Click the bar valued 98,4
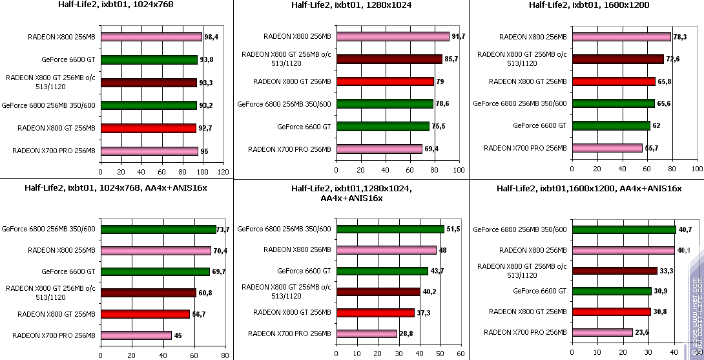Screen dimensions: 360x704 pyautogui.click(x=151, y=37)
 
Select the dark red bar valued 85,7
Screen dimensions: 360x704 pyautogui.click(x=389, y=59)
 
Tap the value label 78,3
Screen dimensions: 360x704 pyautogui.click(x=679, y=37)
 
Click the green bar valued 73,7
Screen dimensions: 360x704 pyautogui.click(x=158, y=229)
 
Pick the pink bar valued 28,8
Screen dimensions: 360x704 pyautogui.click(x=366, y=334)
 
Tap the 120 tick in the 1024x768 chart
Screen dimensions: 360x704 pyautogui.click(x=223, y=172)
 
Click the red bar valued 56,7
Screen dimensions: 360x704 pyautogui.click(x=145, y=314)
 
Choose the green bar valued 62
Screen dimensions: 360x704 pyautogui.click(x=611, y=125)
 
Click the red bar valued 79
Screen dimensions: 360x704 pyautogui.click(x=385, y=81)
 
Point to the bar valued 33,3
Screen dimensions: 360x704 pyautogui.click(x=614, y=270)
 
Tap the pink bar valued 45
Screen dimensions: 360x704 pyautogui.click(x=136, y=335)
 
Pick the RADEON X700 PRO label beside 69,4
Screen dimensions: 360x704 pyautogui.click(x=289, y=149)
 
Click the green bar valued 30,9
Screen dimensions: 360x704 pyautogui.click(x=611, y=291)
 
